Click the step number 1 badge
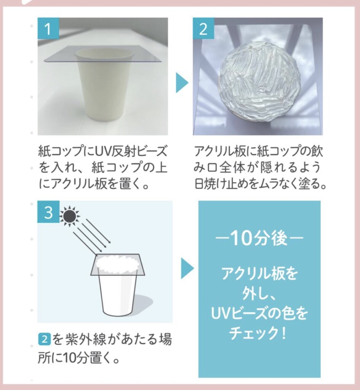tap(48, 28)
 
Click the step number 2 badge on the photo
tap(203, 28)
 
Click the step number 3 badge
tap(48, 212)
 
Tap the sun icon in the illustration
tap(69, 216)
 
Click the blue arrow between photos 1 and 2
tap(182, 83)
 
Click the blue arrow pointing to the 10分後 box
tap(187, 268)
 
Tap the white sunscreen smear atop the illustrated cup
tap(118, 264)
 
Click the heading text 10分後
tap(259, 238)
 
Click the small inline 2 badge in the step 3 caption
tap(45, 339)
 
